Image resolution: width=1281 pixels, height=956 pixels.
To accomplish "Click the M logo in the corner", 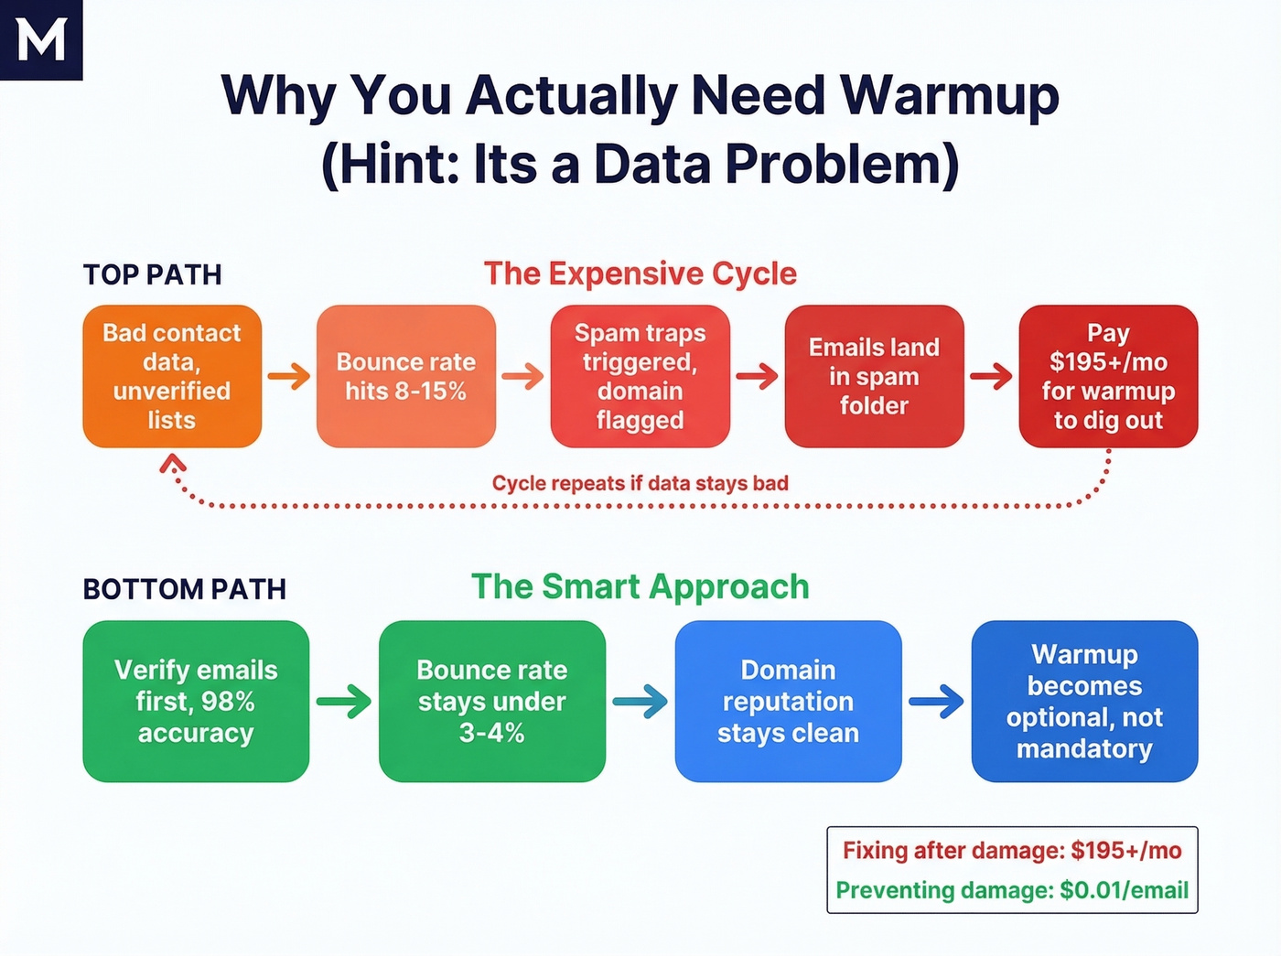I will pyautogui.click(x=41, y=39).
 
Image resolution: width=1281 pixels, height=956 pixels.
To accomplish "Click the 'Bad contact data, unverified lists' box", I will pyautogui.click(x=172, y=376).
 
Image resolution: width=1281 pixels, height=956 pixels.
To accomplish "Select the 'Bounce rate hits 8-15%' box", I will pyautogui.click(x=405, y=376).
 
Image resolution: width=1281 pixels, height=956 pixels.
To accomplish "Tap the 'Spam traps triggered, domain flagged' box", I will pyautogui.click(x=640, y=376).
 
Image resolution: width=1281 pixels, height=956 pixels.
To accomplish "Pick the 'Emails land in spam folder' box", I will pyautogui.click(x=874, y=376).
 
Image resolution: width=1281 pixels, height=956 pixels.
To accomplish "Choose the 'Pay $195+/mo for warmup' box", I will pyautogui.click(x=1108, y=376).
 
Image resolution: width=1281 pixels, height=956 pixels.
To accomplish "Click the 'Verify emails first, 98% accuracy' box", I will pyautogui.click(x=196, y=701).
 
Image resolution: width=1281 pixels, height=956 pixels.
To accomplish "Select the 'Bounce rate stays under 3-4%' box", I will pyautogui.click(x=492, y=701).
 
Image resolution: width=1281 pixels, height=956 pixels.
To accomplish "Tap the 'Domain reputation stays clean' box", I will pyautogui.click(x=788, y=701).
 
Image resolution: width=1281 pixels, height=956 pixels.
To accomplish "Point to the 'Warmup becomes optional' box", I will pyautogui.click(x=1084, y=701).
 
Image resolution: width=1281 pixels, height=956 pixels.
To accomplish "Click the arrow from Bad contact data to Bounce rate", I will pyautogui.click(x=289, y=376).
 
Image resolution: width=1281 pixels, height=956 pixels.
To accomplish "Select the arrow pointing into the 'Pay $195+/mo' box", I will pyautogui.click(x=992, y=376).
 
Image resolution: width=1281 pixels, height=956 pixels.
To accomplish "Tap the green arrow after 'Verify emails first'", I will pyautogui.click(x=344, y=702).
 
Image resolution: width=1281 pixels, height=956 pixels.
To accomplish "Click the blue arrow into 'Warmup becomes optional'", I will pyautogui.click(x=936, y=702).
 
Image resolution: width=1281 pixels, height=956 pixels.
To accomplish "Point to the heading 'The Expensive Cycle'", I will pyautogui.click(x=640, y=274).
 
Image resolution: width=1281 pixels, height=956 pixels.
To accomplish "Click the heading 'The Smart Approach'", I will pyautogui.click(x=640, y=586).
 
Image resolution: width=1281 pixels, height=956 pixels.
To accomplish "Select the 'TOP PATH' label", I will pyautogui.click(x=153, y=274).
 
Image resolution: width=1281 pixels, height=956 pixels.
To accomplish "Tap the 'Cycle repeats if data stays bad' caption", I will pyautogui.click(x=640, y=483).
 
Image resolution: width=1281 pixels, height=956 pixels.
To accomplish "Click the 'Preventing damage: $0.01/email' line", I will pyautogui.click(x=1012, y=890).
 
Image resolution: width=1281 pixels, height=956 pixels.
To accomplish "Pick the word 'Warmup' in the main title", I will pyautogui.click(x=949, y=95).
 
